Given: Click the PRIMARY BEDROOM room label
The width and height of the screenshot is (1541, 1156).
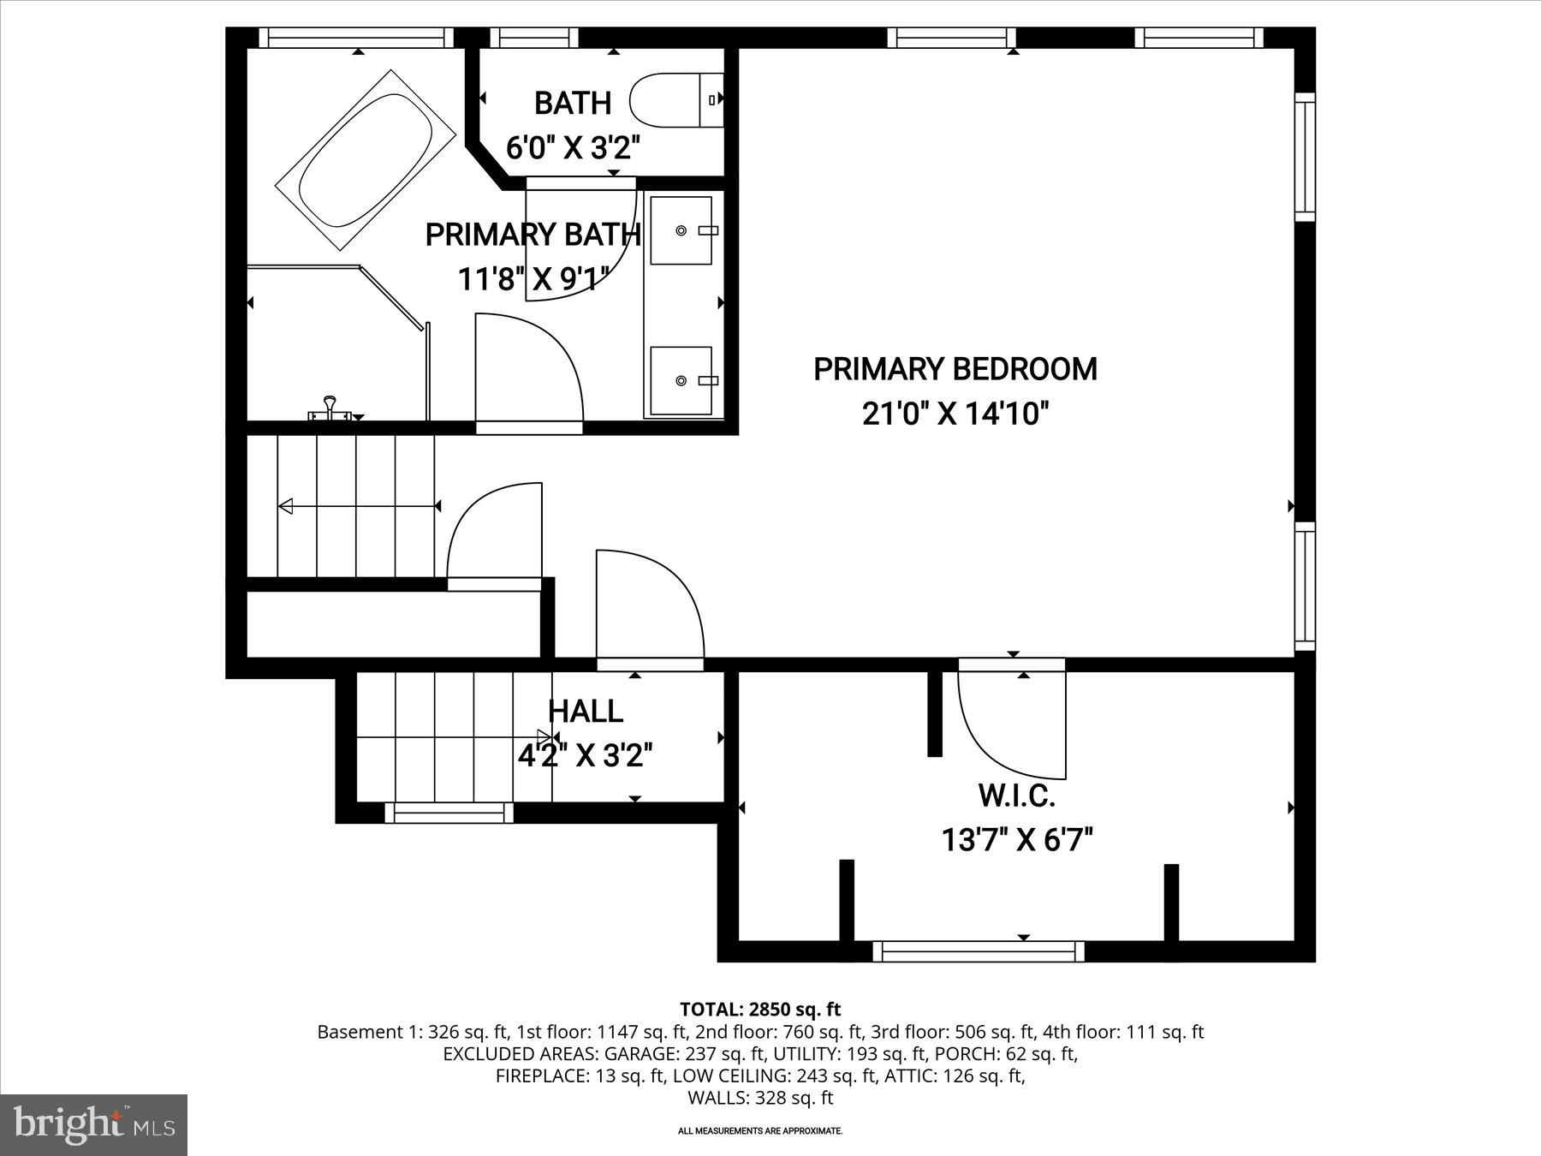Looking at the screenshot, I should [955, 369].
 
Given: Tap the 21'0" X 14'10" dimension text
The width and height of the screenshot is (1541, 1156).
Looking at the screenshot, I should [955, 414].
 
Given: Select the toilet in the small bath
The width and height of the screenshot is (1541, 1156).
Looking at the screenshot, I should [676, 100].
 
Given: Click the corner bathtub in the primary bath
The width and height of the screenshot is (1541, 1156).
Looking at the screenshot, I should [366, 160].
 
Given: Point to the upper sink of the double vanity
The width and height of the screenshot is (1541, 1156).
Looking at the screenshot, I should [681, 230].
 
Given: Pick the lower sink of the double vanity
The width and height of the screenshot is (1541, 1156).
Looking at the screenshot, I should [681, 380].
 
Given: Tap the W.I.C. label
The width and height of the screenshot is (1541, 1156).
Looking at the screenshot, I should [1016, 795].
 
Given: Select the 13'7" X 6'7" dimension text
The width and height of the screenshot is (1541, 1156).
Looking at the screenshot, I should [1017, 840].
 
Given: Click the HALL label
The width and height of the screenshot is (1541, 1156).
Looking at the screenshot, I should [586, 711].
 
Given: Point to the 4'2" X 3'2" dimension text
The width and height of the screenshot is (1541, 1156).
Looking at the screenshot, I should [586, 756].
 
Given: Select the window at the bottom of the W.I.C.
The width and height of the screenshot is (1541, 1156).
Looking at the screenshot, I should [978, 951].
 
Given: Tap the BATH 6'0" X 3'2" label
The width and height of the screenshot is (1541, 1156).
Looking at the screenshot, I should [573, 125].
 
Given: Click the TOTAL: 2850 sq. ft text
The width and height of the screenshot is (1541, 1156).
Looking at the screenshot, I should [760, 1009].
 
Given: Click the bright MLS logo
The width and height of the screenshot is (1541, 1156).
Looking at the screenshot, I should [93, 1124].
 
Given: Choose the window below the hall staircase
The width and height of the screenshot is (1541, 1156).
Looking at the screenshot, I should [449, 813].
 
